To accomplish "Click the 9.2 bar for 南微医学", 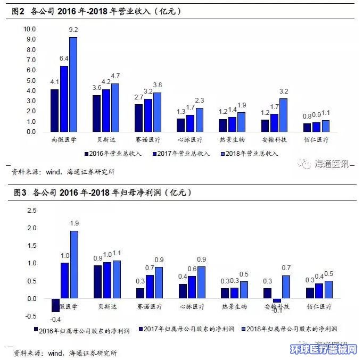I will click(x=73, y=84).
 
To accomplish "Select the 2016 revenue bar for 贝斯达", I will click(x=96, y=113).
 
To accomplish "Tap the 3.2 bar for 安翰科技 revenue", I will click(x=283, y=115).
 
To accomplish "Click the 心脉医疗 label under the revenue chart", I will click(x=189, y=140).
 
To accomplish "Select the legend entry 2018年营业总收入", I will click(x=250, y=153).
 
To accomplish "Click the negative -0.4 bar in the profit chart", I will click(x=55, y=305).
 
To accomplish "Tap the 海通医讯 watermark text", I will click(x=331, y=164).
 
